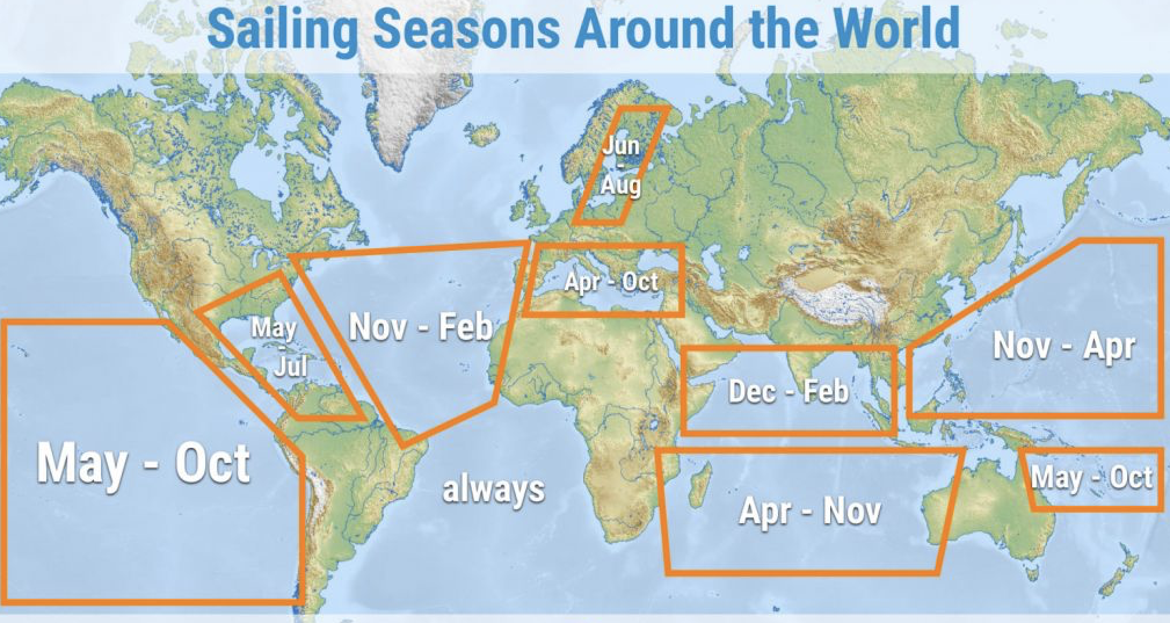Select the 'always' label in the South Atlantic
click(x=493, y=488)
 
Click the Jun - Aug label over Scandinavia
click(x=621, y=165)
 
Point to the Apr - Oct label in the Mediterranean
click(x=611, y=282)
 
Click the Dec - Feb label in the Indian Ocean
click(x=788, y=392)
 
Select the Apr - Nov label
click(x=810, y=511)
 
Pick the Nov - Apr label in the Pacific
click(x=1064, y=346)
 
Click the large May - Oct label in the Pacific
click(x=143, y=463)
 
